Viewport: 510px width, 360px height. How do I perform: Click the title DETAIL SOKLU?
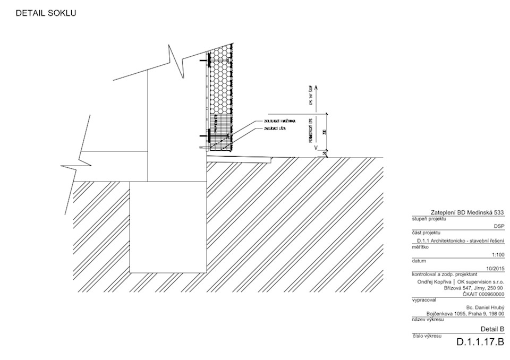pyautogui.click(x=46, y=13)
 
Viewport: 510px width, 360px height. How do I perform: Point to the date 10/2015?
pyautogui.click(x=495, y=269)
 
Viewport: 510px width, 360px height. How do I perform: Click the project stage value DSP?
pyautogui.click(x=498, y=226)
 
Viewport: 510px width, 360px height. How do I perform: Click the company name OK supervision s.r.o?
pyautogui.click(x=480, y=281)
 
